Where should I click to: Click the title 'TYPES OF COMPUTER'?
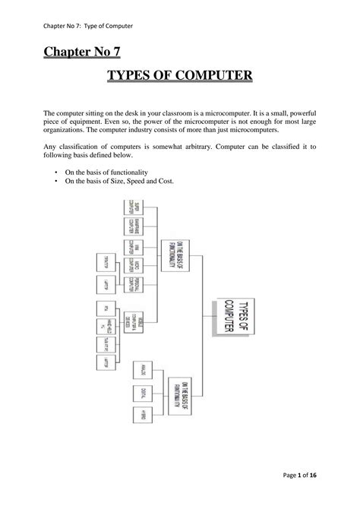(179, 77)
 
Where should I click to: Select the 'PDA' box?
(105, 308)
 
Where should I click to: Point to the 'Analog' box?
(142, 370)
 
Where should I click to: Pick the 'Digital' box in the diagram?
(142, 394)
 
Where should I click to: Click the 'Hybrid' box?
(142, 416)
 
